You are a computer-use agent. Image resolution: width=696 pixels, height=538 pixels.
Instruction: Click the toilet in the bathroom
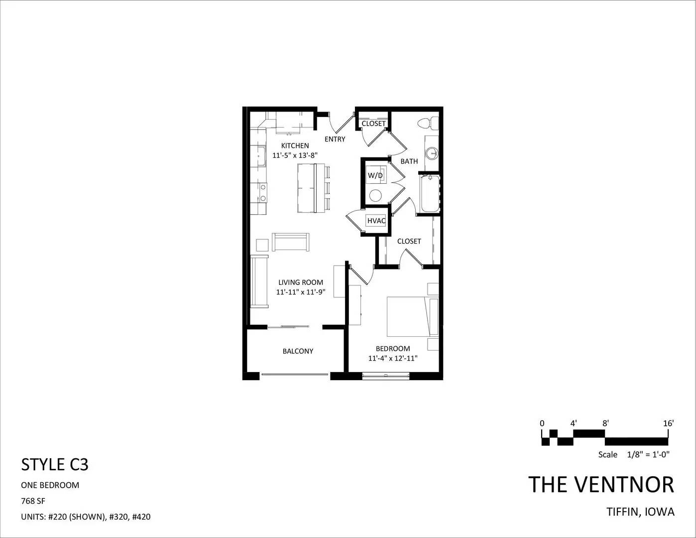[x=428, y=124]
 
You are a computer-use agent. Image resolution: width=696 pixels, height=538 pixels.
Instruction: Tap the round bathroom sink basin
[x=433, y=153]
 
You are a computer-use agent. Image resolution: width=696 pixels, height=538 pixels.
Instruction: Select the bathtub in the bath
[x=430, y=194]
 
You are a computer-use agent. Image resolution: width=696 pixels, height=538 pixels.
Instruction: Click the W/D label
[x=375, y=175]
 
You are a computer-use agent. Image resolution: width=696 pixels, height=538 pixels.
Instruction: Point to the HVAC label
[x=376, y=221]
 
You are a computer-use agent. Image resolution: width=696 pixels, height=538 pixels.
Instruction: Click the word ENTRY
[x=335, y=139]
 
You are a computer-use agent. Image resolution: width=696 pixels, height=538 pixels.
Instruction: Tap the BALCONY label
[x=298, y=351]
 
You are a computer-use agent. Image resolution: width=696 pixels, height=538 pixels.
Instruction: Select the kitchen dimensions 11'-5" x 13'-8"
[x=295, y=155]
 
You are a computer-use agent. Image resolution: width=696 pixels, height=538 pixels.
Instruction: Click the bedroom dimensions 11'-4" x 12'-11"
[x=393, y=358]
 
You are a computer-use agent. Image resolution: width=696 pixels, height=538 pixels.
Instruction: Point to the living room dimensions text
[x=301, y=292]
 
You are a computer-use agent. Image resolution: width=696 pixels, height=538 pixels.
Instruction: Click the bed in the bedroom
[x=413, y=317]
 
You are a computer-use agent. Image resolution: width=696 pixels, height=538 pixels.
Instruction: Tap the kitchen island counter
[x=307, y=188]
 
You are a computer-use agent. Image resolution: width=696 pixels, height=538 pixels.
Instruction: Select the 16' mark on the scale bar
[x=668, y=423]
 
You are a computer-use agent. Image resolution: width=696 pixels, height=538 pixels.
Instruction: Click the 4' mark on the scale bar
[x=574, y=423]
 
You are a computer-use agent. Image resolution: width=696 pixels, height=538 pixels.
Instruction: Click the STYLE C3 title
[x=54, y=465]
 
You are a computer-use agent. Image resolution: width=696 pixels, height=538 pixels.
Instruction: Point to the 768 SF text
[x=33, y=501]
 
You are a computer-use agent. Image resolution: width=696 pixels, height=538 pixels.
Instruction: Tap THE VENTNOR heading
[x=601, y=485]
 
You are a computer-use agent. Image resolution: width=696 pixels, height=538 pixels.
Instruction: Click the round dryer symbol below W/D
[x=375, y=195]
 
